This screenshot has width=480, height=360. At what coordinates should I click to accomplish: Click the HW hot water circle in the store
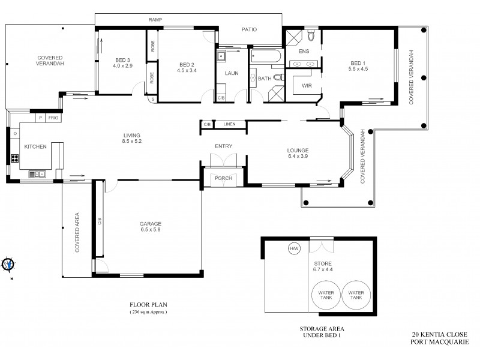tap(294, 248)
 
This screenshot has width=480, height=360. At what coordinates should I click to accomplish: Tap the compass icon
tap(8, 264)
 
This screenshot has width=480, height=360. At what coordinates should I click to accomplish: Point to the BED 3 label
tap(122, 59)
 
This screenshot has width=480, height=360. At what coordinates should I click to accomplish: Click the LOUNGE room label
tap(298, 151)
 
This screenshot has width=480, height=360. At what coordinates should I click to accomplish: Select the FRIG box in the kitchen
tap(53, 118)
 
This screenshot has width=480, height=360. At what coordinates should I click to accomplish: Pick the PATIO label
tap(249, 28)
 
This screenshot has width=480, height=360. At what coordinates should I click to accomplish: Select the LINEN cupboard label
tap(229, 124)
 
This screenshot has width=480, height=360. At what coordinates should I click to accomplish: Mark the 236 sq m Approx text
tap(149, 313)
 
